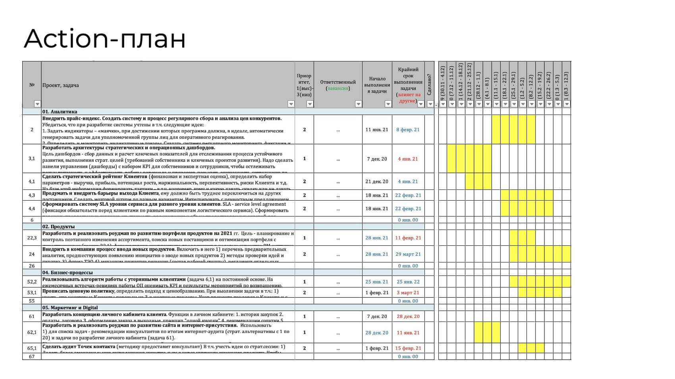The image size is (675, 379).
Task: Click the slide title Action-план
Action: [105, 38]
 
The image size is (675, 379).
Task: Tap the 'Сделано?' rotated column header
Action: [429, 84]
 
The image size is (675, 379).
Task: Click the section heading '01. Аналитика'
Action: [60, 112]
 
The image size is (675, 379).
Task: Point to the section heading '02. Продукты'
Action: [58, 226]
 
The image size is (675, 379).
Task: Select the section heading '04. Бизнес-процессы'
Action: [67, 273]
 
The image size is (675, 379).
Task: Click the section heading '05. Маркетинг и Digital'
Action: [70, 308]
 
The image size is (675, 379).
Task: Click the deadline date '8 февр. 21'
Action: [408, 130]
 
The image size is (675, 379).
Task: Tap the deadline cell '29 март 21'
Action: [408, 254]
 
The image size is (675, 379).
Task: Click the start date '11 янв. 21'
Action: [377, 130]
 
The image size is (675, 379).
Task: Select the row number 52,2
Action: [32, 282]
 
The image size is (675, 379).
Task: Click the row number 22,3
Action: [32, 238]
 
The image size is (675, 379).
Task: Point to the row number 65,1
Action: [32, 348]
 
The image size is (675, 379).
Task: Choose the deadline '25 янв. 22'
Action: [408, 282]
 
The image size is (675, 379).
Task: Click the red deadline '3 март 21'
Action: [408, 293]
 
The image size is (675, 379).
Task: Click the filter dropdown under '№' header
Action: [37, 104]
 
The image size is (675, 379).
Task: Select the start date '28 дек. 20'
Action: [377, 333]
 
